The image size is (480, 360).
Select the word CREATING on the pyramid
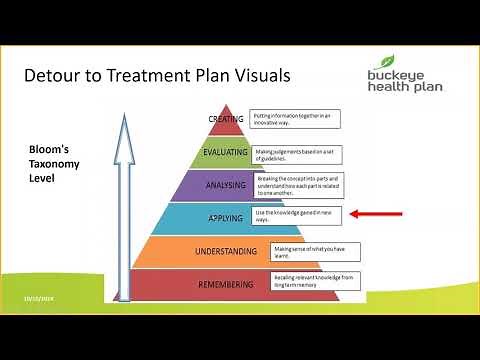[225, 119]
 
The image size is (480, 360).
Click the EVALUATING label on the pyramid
[225, 152]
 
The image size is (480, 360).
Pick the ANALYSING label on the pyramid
[225, 184]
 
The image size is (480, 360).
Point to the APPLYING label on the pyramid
[225, 217]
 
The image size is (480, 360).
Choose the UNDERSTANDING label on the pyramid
[226, 250]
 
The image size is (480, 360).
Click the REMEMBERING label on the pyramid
[226, 282]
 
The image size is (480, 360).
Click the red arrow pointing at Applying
[375, 213]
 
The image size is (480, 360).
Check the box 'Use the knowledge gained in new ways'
[298, 216]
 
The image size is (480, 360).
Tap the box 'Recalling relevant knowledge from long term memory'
[315, 281]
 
